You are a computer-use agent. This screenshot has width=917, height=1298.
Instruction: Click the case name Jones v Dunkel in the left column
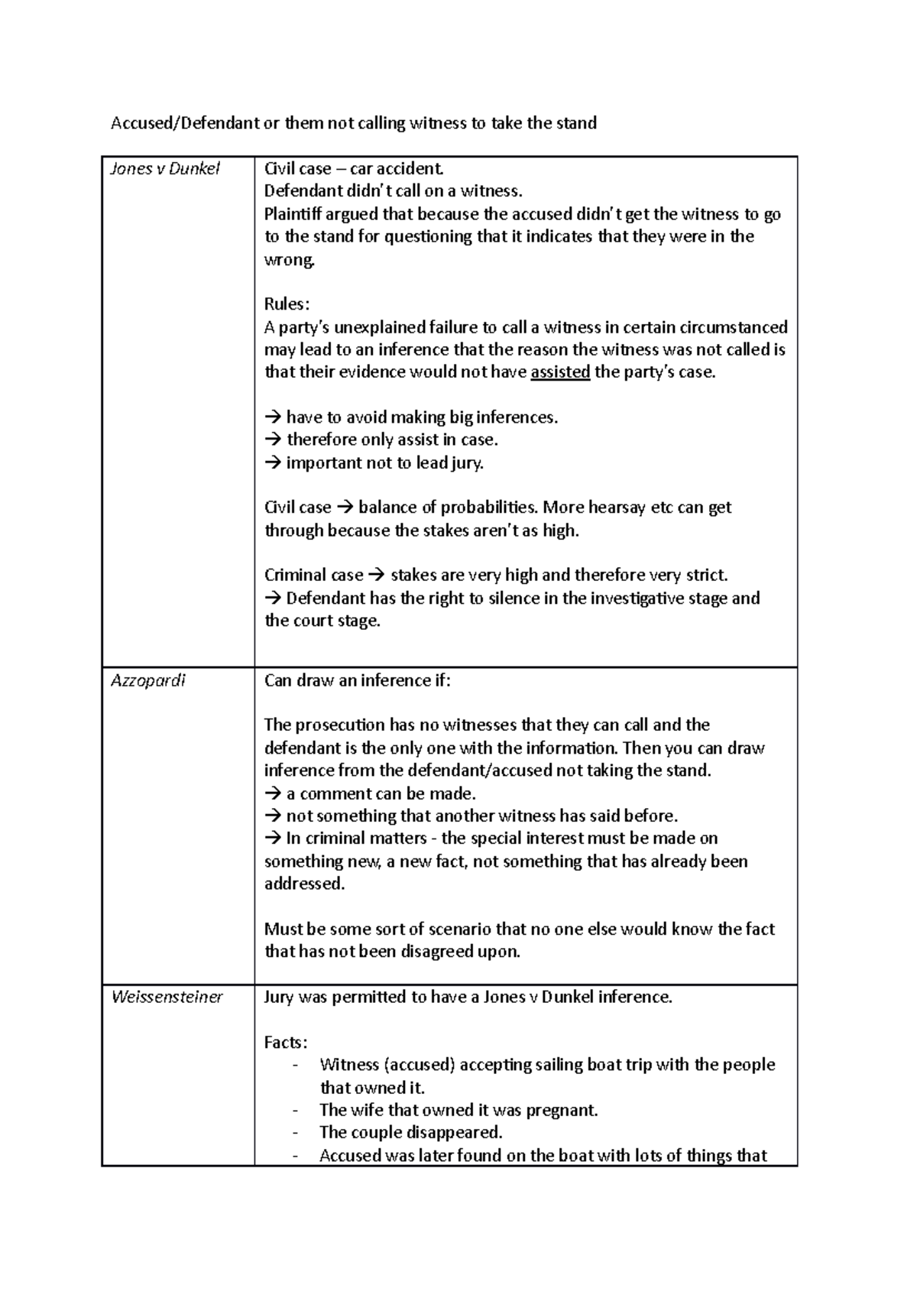[165, 169]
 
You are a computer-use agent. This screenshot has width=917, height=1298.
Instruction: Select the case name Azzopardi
[148, 680]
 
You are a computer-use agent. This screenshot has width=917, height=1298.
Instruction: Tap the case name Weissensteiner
[167, 997]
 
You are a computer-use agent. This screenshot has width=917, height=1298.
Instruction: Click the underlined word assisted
[560, 372]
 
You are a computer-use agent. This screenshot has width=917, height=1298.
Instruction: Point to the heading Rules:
[287, 304]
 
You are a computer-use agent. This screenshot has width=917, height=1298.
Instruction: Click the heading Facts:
[286, 1043]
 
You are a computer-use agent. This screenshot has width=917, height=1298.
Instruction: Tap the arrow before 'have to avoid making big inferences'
[273, 417]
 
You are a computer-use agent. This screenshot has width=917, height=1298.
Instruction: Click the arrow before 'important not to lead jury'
[273, 463]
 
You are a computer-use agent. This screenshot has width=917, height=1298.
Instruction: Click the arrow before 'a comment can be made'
[273, 793]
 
